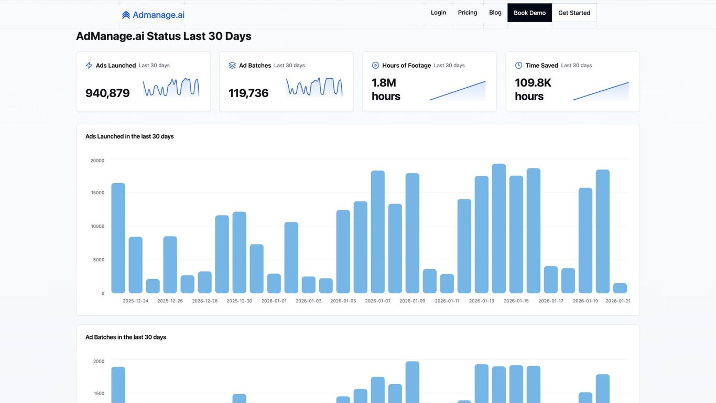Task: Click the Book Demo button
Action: (529, 13)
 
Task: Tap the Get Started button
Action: (574, 13)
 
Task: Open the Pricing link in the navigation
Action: (468, 13)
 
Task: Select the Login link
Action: (438, 13)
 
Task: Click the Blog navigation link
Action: (495, 13)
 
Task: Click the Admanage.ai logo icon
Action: (126, 15)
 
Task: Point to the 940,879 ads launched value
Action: (107, 93)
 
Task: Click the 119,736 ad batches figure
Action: (248, 93)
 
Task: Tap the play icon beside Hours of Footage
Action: (375, 66)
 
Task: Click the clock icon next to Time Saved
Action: (518, 66)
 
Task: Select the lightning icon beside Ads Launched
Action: (89, 66)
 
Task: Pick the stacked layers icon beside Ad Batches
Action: (232, 66)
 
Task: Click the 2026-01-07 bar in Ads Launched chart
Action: (377, 232)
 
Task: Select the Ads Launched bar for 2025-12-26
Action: (170, 264)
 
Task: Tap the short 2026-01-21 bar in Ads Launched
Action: (620, 288)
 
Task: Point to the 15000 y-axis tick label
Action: (97, 193)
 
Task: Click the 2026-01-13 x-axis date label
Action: (481, 301)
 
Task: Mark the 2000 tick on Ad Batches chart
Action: (99, 361)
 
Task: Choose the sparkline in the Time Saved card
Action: (601, 91)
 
